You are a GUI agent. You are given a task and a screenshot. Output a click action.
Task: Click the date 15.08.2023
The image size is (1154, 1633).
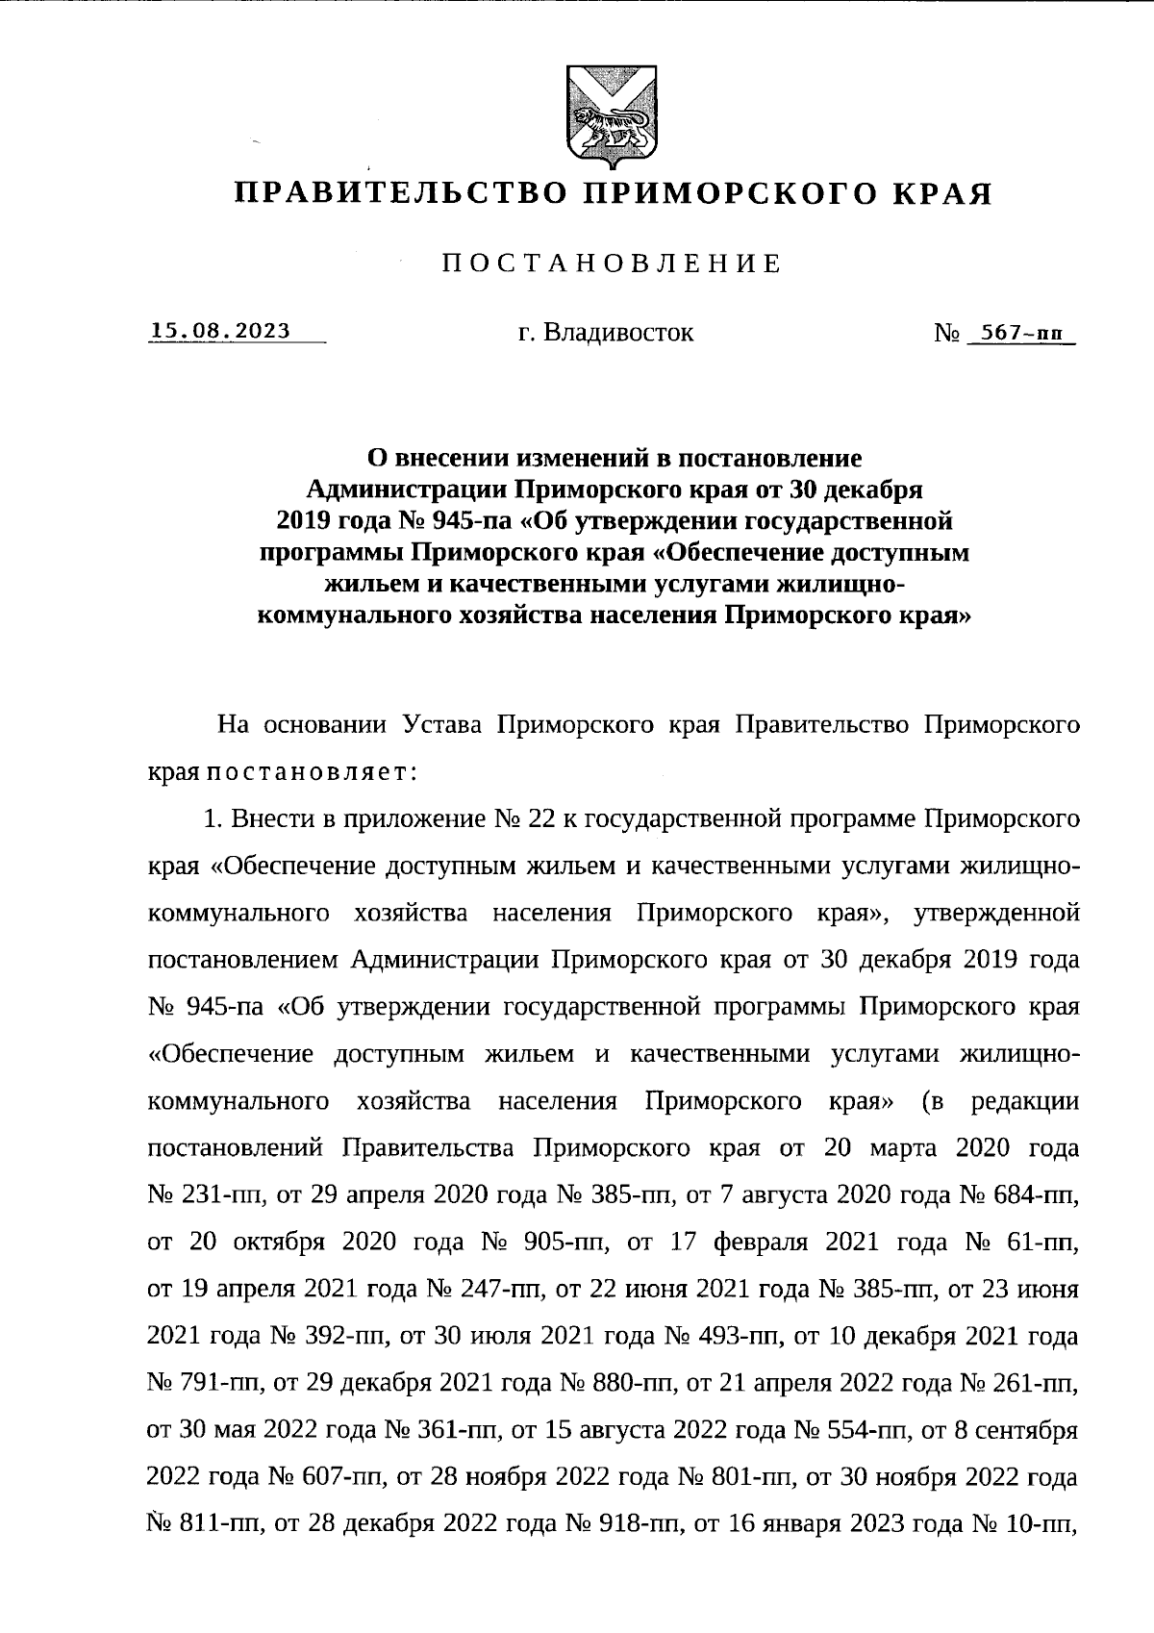pos(220,331)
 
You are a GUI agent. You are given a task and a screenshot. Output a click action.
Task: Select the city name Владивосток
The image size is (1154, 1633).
pos(617,333)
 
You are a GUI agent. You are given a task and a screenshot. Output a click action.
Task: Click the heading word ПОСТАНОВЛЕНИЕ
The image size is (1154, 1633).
pos(612,264)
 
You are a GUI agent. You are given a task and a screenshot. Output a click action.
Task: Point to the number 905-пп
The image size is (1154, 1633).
pos(573,1243)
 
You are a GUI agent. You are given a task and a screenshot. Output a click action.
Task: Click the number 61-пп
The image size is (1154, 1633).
pos(1041,1243)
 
